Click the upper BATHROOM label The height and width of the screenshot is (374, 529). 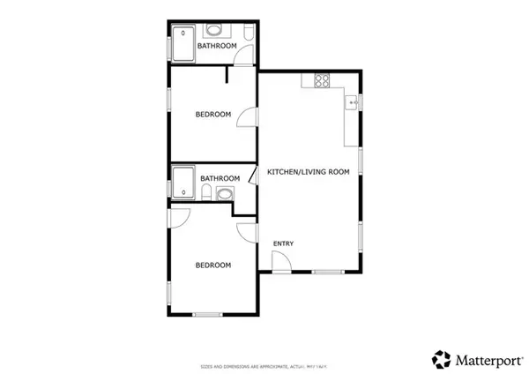[x=216, y=46]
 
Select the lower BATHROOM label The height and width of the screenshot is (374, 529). [x=220, y=178]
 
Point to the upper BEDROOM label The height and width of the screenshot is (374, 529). [x=213, y=114]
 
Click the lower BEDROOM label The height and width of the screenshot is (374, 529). [x=213, y=265]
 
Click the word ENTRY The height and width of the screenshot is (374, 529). [x=283, y=244]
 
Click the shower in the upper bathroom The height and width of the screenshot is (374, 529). [x=183, y=44]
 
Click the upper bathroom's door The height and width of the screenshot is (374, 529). [x=242, y=58]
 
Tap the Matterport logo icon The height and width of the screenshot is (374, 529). [x=442, y=358]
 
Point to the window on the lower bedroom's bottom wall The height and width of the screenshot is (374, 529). [x=207, y=315]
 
